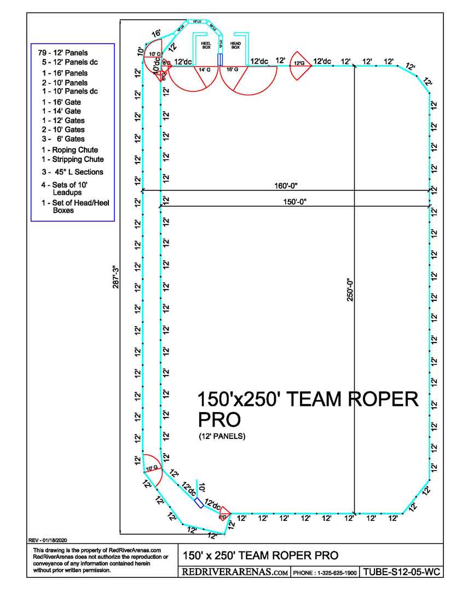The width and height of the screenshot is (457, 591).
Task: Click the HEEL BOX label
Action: [206, 44]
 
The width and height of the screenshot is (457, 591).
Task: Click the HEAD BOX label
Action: [235, 44]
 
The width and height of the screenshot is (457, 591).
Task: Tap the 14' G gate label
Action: [204, 69]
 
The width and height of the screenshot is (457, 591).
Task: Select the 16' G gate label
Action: [232, 69]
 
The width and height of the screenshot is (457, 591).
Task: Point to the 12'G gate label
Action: [299, 63]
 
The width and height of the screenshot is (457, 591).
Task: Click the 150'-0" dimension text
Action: [294, 201]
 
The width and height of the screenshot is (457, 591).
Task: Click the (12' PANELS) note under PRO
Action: [222, 436]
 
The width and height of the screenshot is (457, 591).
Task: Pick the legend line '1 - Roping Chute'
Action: [70, 150]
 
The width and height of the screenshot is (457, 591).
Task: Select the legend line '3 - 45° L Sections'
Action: [72, 172]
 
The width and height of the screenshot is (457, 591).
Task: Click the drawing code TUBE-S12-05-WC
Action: [402, 572]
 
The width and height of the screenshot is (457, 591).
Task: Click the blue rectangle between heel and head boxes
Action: [220, 59]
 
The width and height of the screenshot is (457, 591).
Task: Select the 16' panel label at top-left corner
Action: [156, 34]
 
